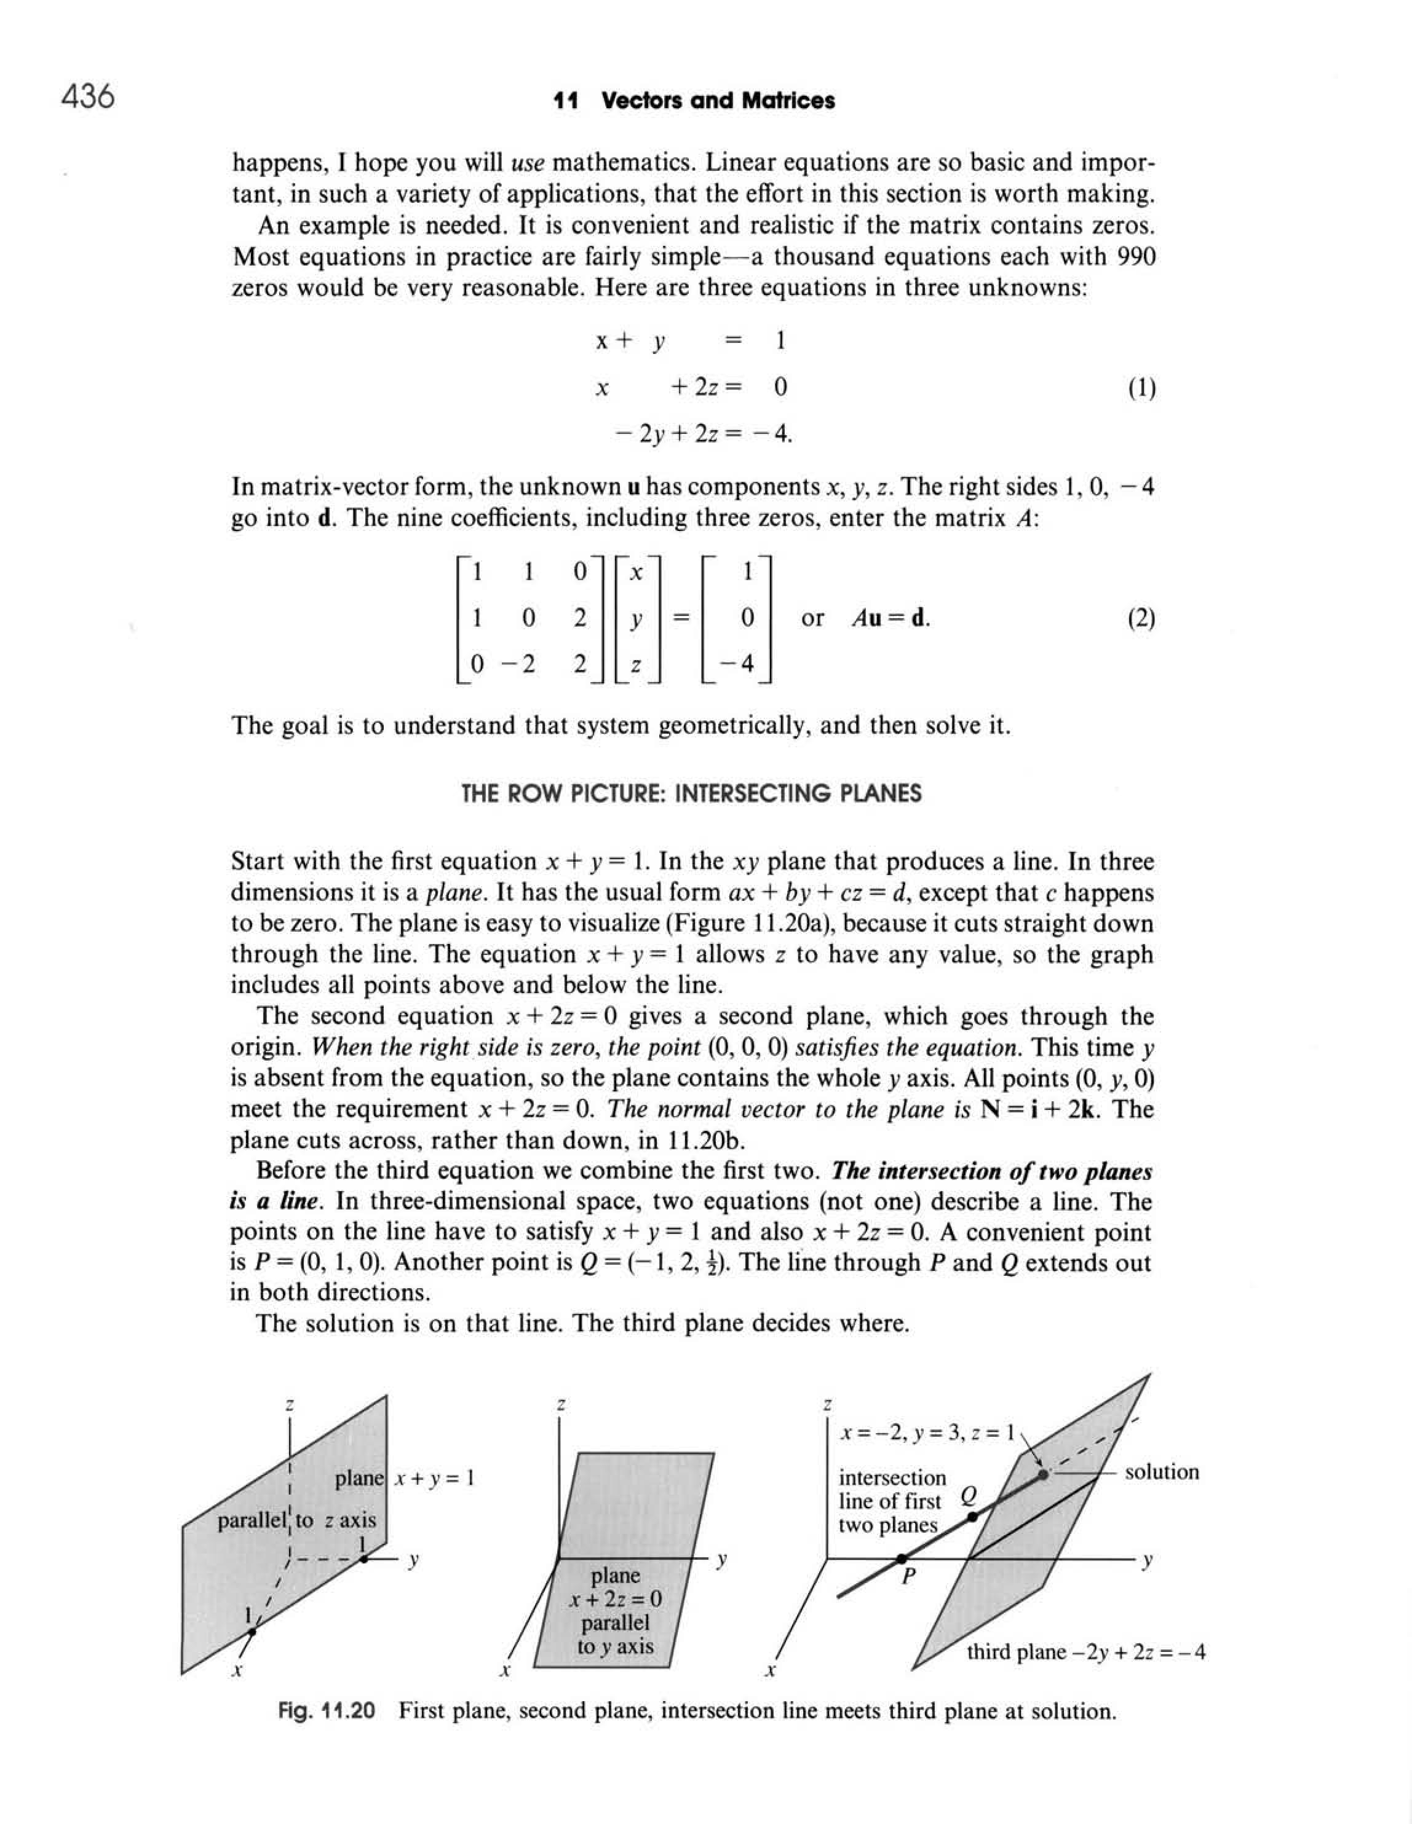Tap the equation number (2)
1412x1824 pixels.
click(x=1140, y=619)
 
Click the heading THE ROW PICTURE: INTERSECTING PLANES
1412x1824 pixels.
click(x=692, y=793)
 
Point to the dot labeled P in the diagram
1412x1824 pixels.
click(x=902, y=1559)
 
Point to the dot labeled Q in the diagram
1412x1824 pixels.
click(x=972, y=1516)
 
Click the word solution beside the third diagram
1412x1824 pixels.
click(x=1161, y=1472)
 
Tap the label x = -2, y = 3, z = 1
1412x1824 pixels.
click(x=927, y=1433)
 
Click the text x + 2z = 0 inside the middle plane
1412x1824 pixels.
click(x=616, y=1599)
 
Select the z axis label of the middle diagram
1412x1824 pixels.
click(x=561, y=1405)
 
